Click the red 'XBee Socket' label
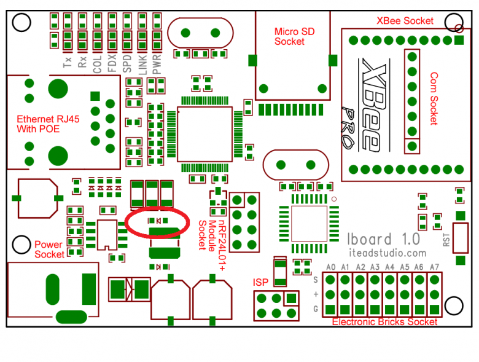405,21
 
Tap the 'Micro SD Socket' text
289,37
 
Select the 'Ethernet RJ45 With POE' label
39,125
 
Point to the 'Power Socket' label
49,250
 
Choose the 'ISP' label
260,282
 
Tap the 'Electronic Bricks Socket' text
384,322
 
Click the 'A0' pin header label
330,267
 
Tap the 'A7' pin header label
434,267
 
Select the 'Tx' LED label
68,61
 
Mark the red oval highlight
158,222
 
